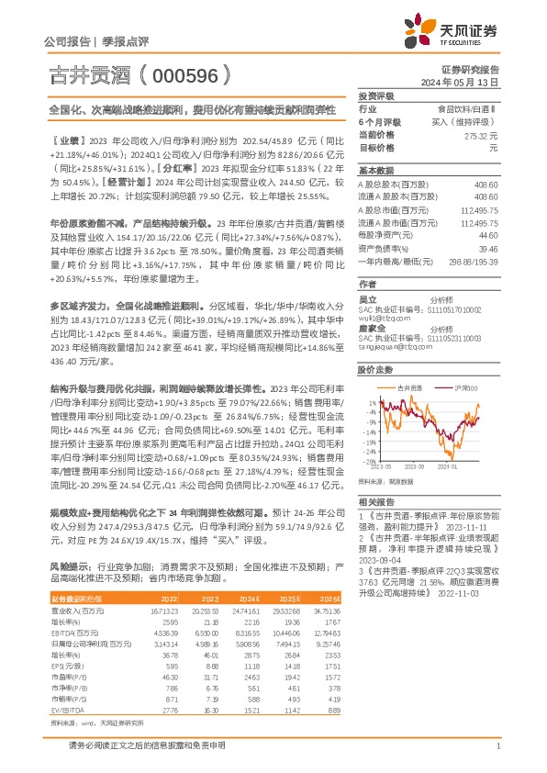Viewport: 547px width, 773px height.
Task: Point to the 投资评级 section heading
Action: point(375,95)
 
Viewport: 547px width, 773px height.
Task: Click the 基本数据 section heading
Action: point(375,171)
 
